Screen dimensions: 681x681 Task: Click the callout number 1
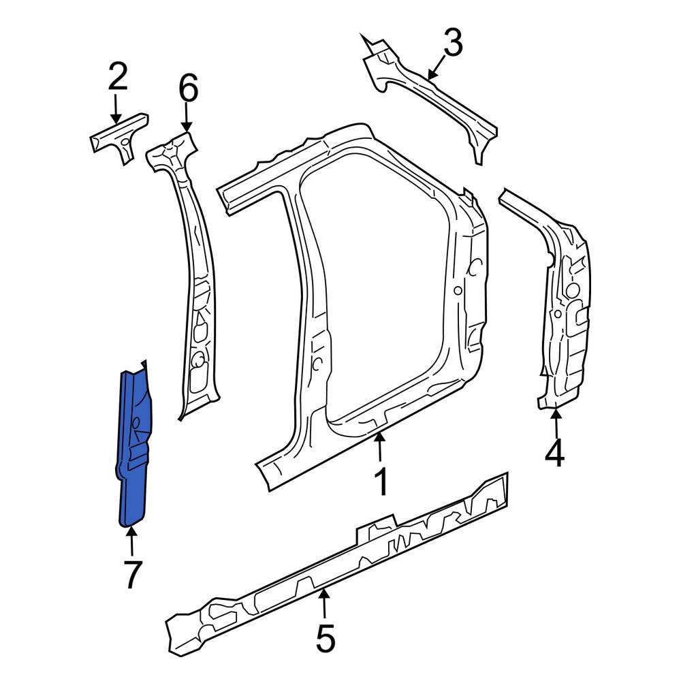pos(382,482)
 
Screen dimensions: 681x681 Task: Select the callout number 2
pos(117,79)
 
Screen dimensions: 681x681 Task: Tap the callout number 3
pos(452,44)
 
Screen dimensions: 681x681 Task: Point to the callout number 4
pos(555,454)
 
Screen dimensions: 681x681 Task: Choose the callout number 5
pos(325,639)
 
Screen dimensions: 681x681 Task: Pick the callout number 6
pos(188,89)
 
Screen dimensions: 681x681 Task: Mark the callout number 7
pos(131,574)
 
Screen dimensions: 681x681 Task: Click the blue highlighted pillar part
pos(134,449)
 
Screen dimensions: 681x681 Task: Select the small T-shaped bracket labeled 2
pos(120,136)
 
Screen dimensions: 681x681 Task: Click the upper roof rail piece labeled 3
pos(429,92)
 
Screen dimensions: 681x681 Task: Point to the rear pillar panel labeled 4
pos(562,306)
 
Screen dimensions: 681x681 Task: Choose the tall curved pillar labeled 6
pos(191,272)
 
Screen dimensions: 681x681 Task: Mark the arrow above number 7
pos(130,541)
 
